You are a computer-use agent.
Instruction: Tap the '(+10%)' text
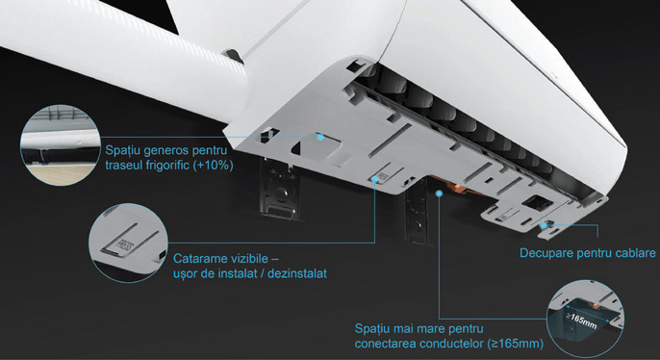[213, 165]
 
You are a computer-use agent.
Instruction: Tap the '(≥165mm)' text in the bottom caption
[516, 344]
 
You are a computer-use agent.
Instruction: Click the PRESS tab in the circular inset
[122, 245]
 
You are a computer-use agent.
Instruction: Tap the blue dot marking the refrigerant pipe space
[320, 137]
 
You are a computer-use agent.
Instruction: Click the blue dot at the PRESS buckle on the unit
[374, 179]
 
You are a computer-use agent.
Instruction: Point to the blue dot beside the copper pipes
[439, 193]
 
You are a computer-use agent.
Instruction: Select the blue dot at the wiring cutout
[544, 225]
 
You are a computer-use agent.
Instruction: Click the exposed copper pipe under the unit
[458, 189]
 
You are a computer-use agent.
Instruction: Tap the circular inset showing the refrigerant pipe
[61, 145]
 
